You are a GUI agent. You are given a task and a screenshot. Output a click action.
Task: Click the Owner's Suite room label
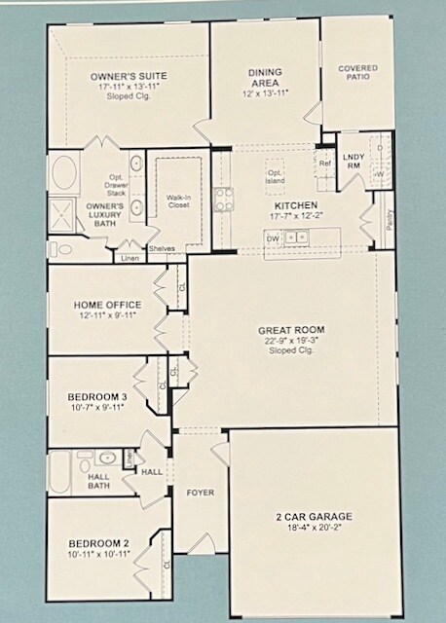click(x=128, y=76)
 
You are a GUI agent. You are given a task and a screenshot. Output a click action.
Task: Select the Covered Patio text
click(x=357, y=74)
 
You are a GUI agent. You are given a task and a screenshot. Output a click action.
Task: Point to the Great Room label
click(x=289, y=330)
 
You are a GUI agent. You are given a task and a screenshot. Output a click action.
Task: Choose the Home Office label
click(x=108, y=305)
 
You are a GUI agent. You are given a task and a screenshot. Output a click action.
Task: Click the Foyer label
click(x=200, y=493)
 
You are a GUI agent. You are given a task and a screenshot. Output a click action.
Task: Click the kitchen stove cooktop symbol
click(x=223, y=199)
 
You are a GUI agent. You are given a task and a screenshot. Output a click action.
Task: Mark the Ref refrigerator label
click(x=324, y=163)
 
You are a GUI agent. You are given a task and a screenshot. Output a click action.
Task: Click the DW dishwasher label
click(x=274, y=237)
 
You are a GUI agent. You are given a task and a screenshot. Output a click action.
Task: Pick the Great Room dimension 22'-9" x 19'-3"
click(x=289, y=341)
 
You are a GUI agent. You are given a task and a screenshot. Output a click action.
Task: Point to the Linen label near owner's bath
click(x=130, y=258)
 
